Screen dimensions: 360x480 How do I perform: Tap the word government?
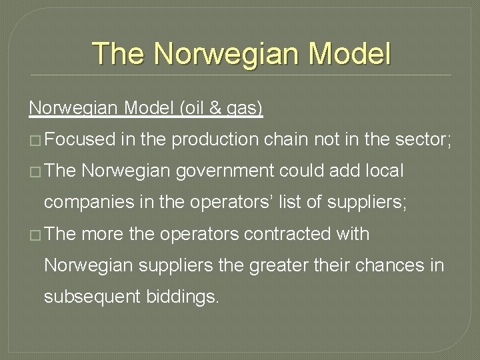point(227,171)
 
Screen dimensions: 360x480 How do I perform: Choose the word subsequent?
point(91,297)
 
